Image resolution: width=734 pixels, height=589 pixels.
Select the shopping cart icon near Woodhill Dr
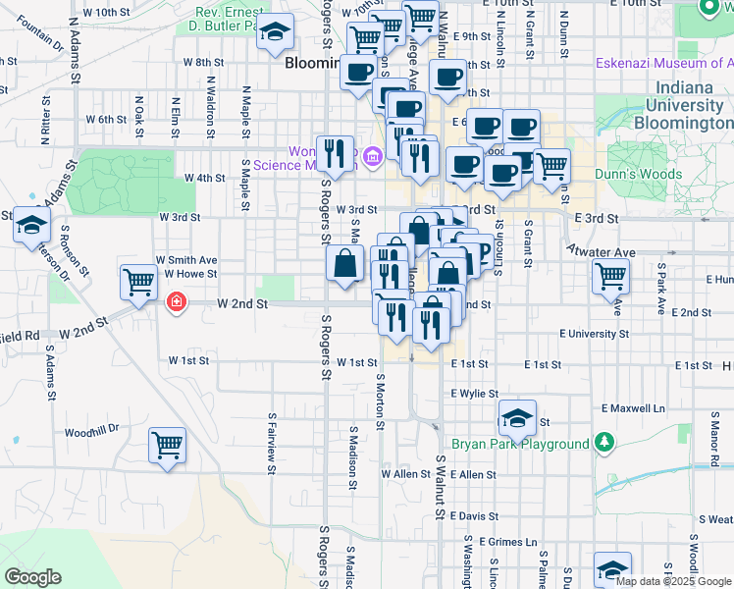click(x=168, y=445)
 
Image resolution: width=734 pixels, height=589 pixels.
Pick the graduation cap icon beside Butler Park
click(x=276, y=32)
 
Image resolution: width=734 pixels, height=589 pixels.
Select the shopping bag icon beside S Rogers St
click(x=345, y=264)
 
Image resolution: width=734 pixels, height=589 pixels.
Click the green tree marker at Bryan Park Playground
click(x=605, y=444)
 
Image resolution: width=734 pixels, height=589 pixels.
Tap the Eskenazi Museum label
click(x=665, y=64)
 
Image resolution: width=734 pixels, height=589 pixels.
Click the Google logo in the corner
click(x=32, y=577)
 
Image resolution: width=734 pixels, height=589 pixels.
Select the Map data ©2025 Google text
click(x=673, y=581)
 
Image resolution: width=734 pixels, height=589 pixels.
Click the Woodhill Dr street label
click(x=91, y=430)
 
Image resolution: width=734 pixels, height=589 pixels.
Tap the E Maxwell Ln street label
click(x=633, y=407)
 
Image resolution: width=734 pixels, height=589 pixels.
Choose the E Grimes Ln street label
click(x=508, y=542)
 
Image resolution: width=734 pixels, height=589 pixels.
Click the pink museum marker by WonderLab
click(x=372, y=156)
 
